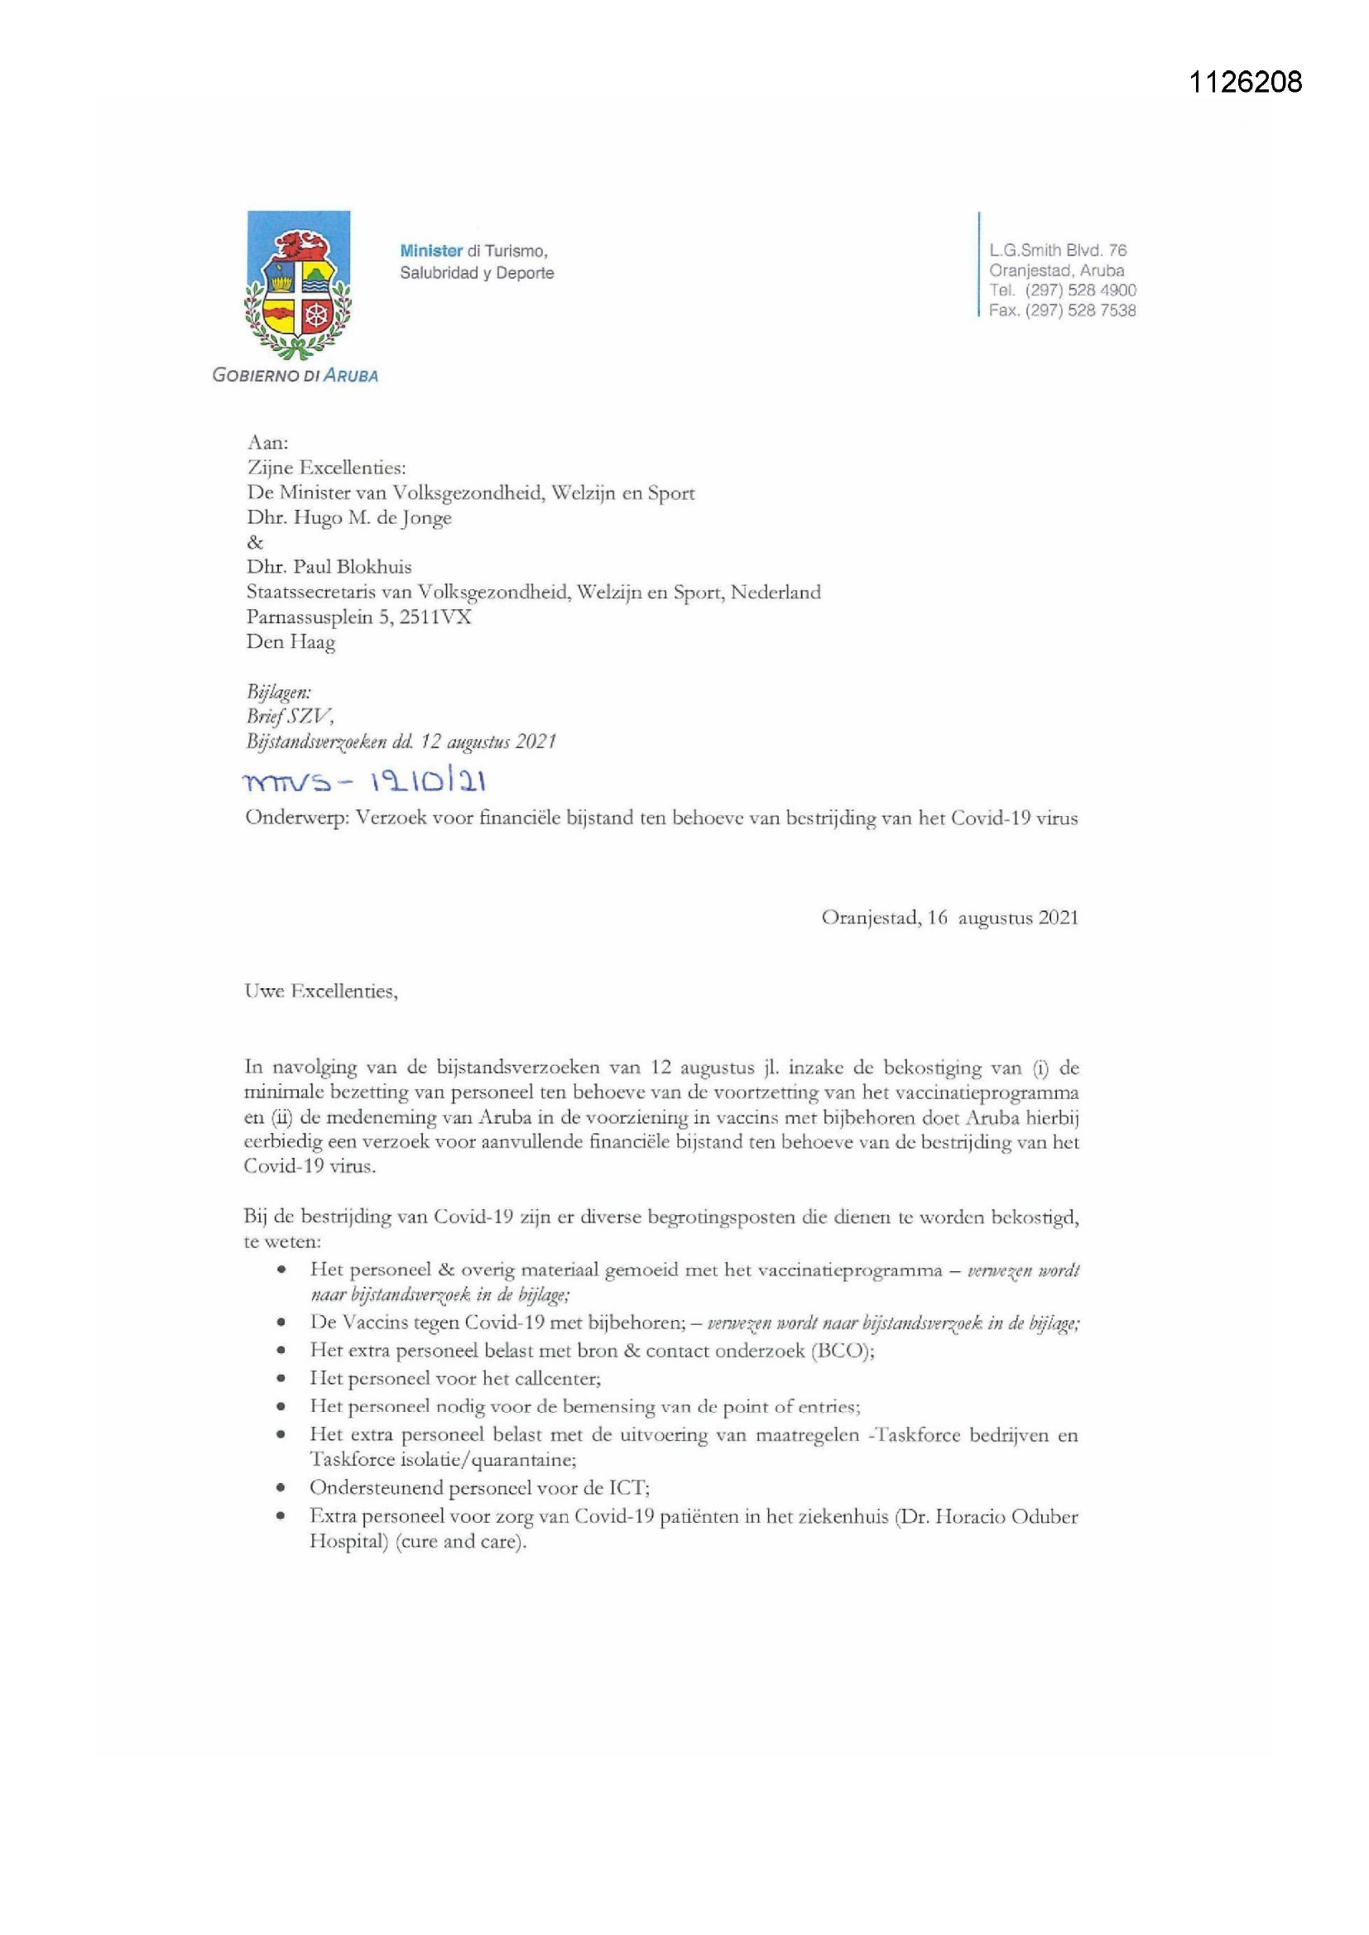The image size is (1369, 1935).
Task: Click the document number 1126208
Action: coord(1245,82)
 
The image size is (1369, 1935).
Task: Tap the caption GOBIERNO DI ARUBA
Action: coord(295,376)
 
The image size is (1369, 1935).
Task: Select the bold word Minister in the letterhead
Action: coord(430,250)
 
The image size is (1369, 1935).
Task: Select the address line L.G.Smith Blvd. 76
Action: coord(1058,250)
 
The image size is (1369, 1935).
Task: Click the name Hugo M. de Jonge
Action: coord(372,517)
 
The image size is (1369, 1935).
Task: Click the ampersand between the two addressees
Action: coord(255,542)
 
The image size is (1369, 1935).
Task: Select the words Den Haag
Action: coord(290,641)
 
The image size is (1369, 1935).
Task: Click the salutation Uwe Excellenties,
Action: coord(320,992)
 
